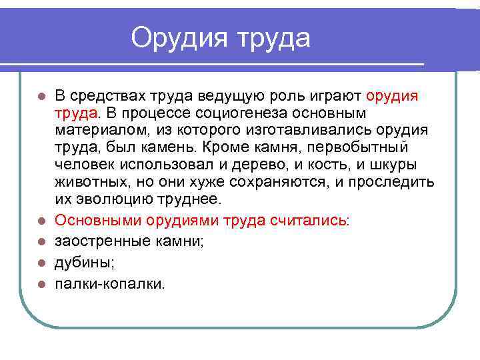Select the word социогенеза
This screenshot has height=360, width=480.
(x=237, y=113)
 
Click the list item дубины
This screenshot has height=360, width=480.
(x=84, y=263)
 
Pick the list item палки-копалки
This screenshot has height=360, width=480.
(x=109, y=284)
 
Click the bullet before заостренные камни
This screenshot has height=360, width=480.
(x=41, y=242)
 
